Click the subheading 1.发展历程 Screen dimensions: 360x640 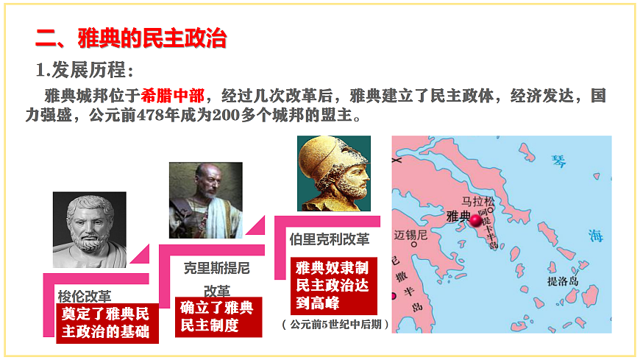point(85,71)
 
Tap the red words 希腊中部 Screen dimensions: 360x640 point(174,96)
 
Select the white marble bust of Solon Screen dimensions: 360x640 point(89,229)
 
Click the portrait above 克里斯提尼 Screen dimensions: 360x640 point(206,200)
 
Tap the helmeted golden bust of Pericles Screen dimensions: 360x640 point(333,173)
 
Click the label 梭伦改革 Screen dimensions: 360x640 point(85,296)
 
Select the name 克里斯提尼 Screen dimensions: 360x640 point(217,268)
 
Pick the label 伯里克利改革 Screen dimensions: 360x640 point(330,239)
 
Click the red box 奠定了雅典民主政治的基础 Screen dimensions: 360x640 point(107,322)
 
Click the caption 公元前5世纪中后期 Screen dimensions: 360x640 point(335,324)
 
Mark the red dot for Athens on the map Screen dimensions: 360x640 point(476,219)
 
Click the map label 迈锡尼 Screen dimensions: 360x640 point(410,236)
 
